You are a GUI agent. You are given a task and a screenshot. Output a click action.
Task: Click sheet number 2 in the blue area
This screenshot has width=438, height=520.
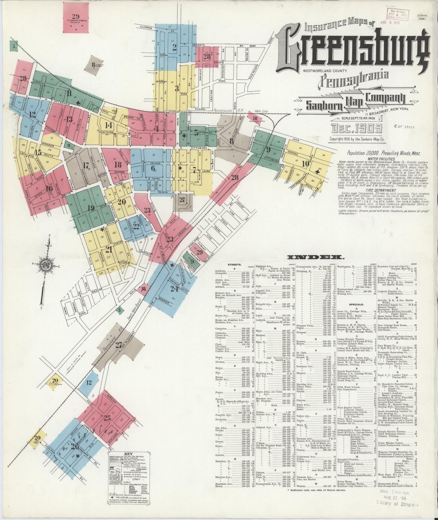tap(174, 47)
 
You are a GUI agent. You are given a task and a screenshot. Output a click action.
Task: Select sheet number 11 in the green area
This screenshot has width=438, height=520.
tap(69, 93)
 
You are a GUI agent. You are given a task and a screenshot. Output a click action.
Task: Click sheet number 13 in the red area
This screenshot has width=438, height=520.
tap(70, 119)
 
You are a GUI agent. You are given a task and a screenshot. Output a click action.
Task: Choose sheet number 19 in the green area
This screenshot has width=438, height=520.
tap(91, 208)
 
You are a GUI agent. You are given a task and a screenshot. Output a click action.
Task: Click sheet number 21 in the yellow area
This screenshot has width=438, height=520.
tap(109, 249)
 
